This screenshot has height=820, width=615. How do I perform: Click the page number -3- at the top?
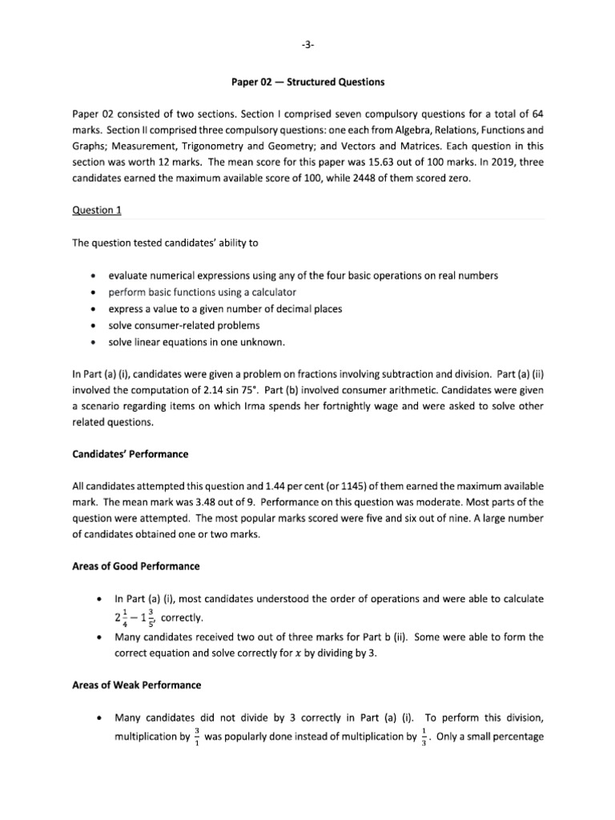307,45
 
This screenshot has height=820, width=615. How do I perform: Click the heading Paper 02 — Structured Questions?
307,82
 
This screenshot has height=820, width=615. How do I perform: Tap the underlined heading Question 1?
95,209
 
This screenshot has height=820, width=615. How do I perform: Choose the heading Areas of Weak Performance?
136,685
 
